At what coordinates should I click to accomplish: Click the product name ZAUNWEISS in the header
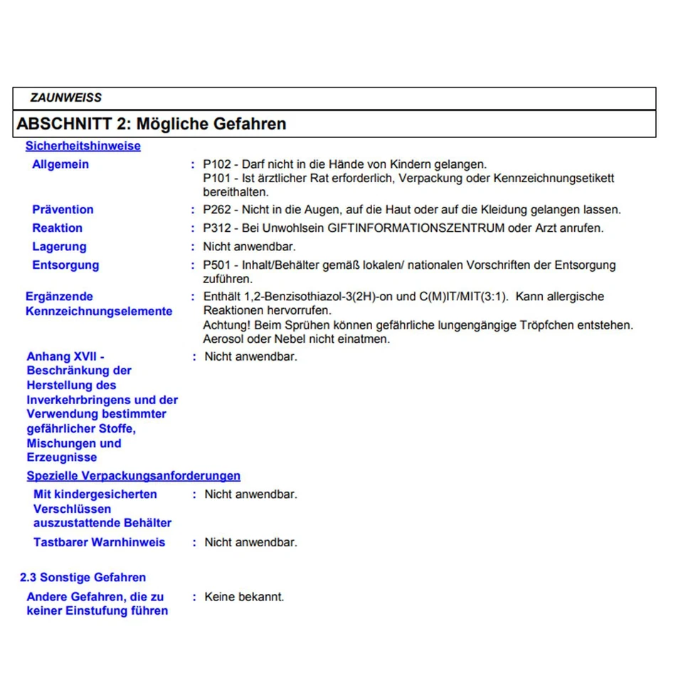coord(65,98)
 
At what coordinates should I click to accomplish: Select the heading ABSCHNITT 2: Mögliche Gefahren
coord(151,124)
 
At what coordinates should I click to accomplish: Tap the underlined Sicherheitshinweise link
coord(83,146)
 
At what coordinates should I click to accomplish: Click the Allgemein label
coord(60,164)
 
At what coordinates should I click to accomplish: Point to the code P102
coord(217,164)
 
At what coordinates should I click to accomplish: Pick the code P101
coord(217,178)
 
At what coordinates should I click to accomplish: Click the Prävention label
coord(63,210)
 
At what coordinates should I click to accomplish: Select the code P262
coord(217,210)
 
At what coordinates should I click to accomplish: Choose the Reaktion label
coord(57,228)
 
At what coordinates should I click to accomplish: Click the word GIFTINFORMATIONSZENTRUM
coord(416,228)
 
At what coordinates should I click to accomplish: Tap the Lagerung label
coord(59,247)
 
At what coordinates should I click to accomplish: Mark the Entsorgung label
coord(65,265)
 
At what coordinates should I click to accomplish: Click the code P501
coord(217,265)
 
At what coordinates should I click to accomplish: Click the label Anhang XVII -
coord(66,356)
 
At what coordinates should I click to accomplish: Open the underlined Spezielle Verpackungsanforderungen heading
coord(133,476)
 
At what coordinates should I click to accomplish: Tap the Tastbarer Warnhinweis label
coord(99,542)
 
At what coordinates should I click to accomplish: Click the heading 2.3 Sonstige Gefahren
coord(83,578)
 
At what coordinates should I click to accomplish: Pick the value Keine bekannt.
coord(244,597)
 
